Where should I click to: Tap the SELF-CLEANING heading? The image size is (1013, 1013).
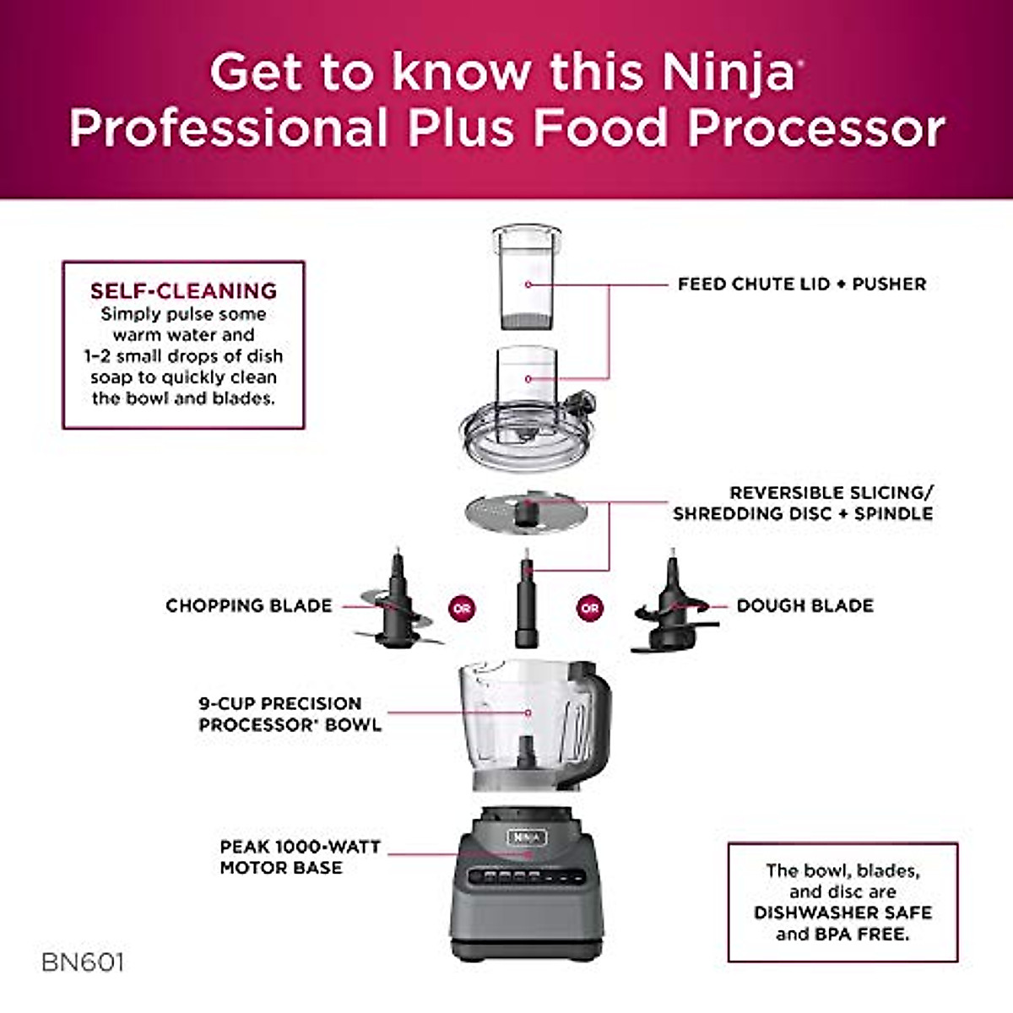click(183, 290)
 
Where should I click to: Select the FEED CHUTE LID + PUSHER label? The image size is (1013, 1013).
click(801, 284)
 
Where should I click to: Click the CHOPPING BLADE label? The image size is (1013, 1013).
click(249, 605)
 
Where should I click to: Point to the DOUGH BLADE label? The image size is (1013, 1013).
click(804, 605)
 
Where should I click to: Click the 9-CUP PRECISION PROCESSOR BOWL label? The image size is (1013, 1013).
click(290, 714)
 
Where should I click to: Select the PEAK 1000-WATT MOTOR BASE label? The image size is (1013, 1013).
click(300, 857)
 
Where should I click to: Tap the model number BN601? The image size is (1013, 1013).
click(83, 962)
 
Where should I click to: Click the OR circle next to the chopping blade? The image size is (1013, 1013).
click(462, 608)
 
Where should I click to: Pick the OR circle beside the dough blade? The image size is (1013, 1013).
click(589, 608)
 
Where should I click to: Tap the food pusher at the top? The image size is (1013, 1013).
click(527, 279)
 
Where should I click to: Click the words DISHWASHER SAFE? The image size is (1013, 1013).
click(842, 913)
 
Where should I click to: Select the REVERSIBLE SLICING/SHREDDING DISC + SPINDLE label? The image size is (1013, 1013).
click(802, 503)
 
